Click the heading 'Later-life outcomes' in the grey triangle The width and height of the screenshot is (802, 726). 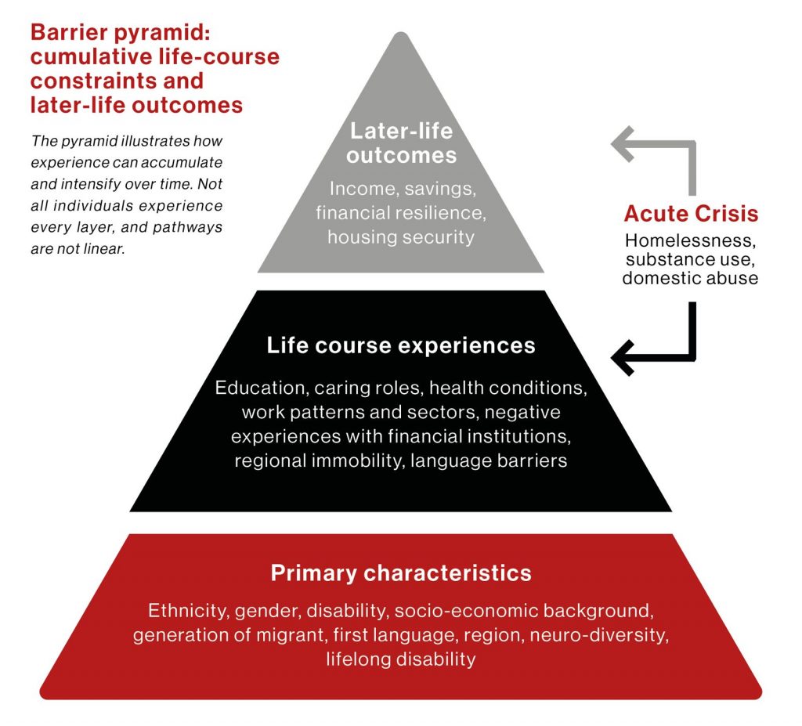pos(401,143)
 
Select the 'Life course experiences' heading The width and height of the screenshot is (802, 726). pos(401,345)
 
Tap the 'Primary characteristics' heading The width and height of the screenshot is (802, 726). pos(401,572)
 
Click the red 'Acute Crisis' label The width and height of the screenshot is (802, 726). pos(691,214)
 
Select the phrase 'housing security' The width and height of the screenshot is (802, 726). pos(401,237)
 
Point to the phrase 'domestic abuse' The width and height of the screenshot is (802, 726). pos(690,278)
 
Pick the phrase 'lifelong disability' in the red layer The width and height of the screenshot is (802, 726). pos(400,659)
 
